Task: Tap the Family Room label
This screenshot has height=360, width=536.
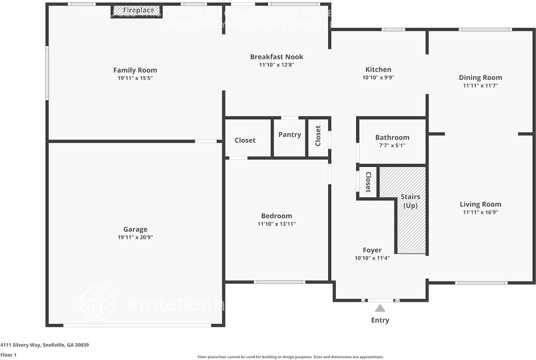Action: point(135,70)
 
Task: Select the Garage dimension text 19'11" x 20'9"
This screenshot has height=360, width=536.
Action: point(135,237)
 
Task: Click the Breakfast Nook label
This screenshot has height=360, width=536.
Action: point(276,57)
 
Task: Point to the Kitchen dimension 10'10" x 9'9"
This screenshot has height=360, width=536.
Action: point(378,77)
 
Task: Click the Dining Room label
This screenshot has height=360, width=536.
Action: point(480,77)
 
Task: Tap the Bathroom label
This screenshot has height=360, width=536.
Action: point(392,137)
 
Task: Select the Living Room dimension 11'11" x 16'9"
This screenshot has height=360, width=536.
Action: point(480,212)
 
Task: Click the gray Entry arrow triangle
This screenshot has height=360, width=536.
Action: point(380,309)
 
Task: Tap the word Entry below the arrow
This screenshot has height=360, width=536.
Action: point(380,320)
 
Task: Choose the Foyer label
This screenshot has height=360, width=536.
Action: point(372,250)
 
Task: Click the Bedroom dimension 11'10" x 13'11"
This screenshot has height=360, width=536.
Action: point(276,224)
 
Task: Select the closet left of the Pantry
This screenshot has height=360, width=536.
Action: point(245,140)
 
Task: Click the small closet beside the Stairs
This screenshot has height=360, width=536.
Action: point(368,182)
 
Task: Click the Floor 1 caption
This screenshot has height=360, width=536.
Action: point(8,355)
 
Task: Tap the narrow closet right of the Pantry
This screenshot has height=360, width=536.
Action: point(318,136)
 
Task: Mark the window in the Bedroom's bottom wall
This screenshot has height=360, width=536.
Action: point(279,282)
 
